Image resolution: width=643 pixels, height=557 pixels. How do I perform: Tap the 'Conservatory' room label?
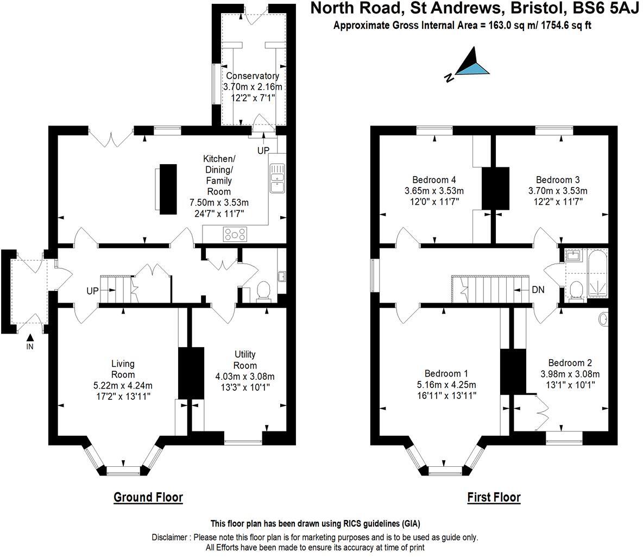(253, 76)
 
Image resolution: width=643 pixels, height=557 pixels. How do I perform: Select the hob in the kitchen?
(235, 235)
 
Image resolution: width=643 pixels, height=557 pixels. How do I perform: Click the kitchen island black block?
(168, 189)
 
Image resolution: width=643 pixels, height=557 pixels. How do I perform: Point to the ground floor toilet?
(263, 291)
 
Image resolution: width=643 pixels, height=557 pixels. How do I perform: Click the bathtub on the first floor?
(597, 275)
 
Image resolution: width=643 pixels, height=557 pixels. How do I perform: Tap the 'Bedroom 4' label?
(434, 180)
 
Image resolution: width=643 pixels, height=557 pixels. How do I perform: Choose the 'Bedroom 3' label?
(558, 180)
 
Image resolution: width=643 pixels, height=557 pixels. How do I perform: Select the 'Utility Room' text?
(245, 360)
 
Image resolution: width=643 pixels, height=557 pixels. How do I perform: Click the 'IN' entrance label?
(29, 346)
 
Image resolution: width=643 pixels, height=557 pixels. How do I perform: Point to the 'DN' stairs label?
(538, 290)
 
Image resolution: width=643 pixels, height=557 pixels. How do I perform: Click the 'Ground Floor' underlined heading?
(148, 497)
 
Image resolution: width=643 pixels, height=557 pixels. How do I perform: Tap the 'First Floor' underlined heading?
(494, 497)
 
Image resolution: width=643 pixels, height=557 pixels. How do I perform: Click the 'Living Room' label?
(123, 369)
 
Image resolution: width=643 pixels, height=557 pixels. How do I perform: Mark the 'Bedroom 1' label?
(446, 374)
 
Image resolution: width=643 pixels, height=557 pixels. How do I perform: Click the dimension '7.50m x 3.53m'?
(219, 203)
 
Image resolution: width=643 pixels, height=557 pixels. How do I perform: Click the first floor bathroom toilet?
(575, 291)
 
